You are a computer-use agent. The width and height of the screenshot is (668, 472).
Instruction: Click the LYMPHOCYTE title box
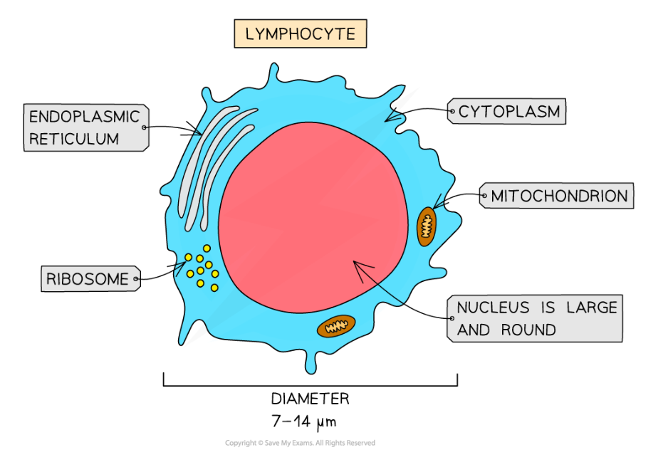[x=300, y=33]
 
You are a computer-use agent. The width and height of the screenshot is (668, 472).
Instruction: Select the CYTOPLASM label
[x=508, y=112]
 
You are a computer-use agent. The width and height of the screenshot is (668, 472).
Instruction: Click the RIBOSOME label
[x=87, y=279]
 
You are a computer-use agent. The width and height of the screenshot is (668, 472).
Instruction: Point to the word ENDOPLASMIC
[x=84, y=117]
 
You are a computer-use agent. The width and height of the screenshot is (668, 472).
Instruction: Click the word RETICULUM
[x=74, y=139]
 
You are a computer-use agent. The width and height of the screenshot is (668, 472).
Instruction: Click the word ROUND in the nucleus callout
[x=528, y=330]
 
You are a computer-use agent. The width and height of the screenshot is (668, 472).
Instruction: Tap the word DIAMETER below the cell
[x=310, y=399]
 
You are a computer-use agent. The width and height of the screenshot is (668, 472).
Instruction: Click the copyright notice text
[x=300, y=443]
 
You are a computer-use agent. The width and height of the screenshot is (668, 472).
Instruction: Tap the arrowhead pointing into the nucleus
[x=358, y=266]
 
